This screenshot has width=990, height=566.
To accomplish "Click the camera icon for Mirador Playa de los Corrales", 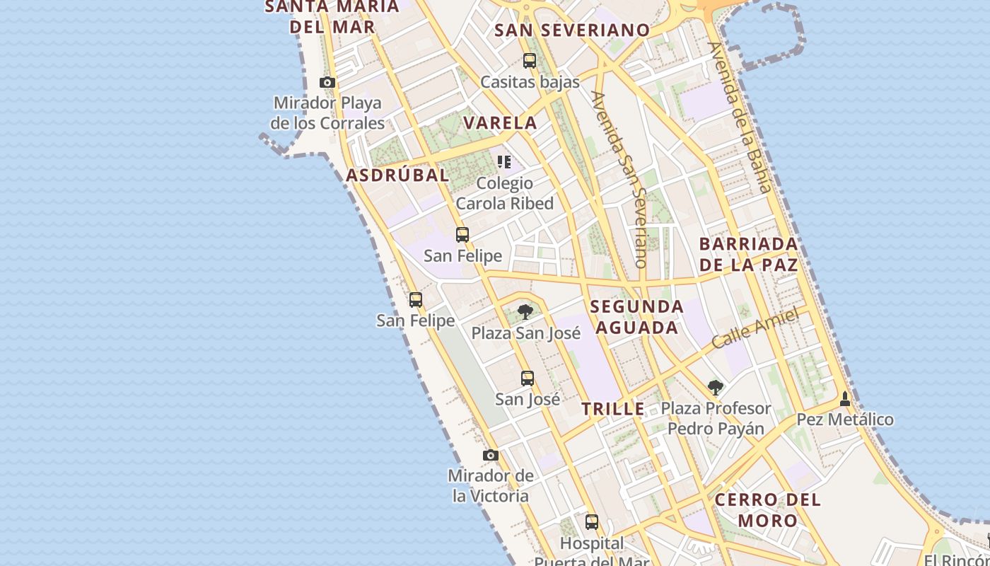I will point(327,83).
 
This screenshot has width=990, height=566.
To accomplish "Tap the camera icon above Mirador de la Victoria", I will point(491,455).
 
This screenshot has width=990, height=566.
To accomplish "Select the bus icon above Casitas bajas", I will point(530,61).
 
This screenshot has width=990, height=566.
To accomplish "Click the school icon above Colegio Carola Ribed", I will point(504,162).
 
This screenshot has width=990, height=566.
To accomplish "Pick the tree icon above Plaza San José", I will point(525,311).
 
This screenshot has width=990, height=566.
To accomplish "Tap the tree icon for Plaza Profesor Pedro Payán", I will point(716,387).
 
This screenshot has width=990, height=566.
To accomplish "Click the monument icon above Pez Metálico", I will point(845,399).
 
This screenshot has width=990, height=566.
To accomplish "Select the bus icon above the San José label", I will point(528,379).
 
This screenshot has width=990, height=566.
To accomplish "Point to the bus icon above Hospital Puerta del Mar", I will point(592,523).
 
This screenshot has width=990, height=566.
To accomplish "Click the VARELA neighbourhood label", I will point(500,122).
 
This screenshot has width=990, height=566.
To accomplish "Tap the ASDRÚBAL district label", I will point(397,175).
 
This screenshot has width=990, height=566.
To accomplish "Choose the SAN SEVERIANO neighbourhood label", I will point(571,30).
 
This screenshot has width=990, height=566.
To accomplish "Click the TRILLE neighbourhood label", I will point(613,408).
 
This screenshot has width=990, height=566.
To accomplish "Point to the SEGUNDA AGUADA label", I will point(636,317).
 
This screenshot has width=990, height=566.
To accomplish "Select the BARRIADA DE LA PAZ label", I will point(748,254).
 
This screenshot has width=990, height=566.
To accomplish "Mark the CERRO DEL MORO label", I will point(767,509).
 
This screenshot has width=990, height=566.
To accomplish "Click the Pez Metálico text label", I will point(845,420).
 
